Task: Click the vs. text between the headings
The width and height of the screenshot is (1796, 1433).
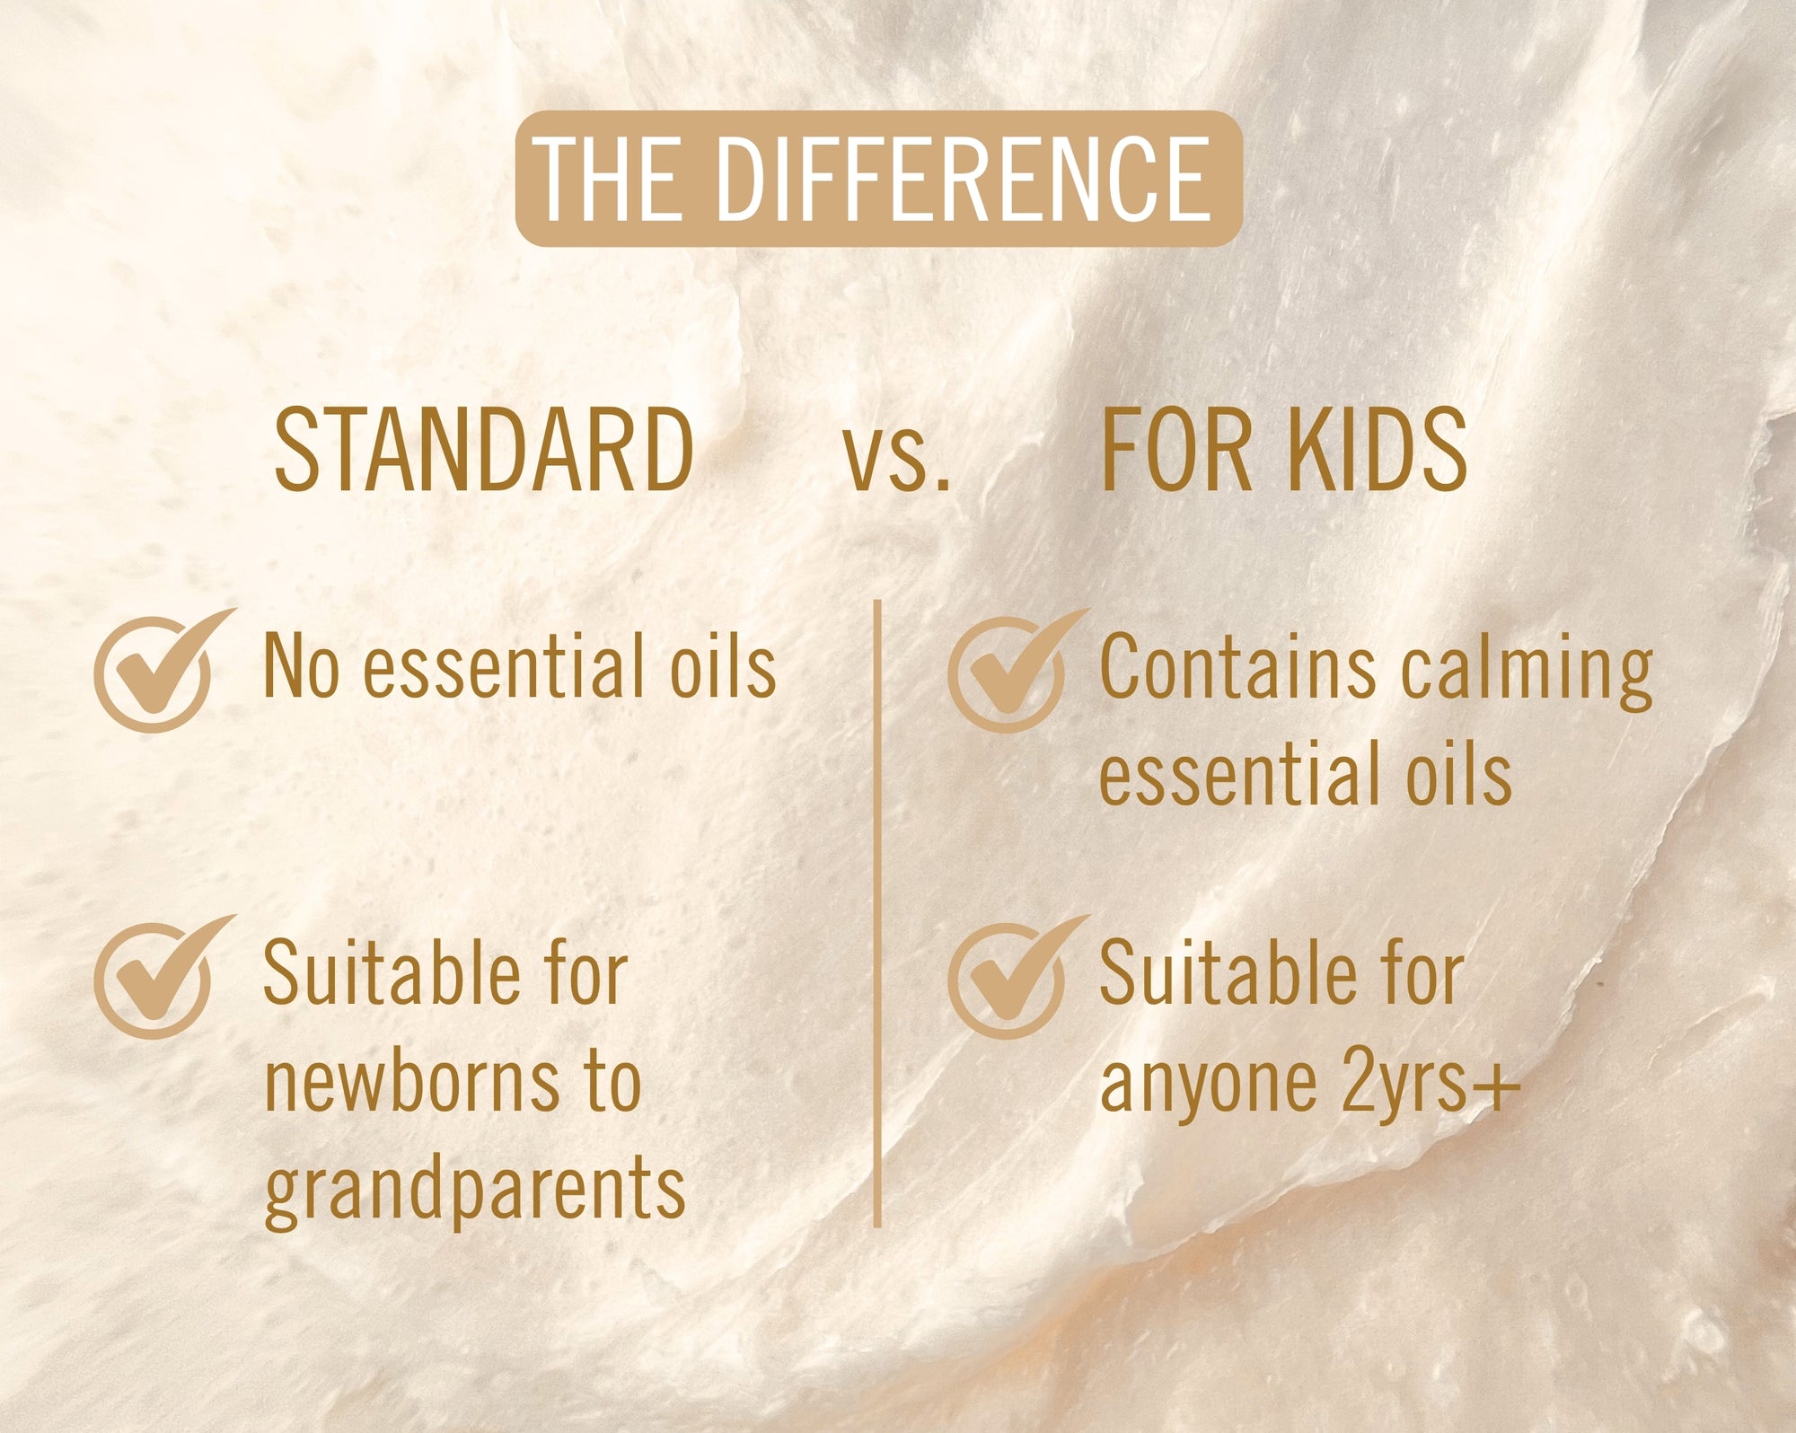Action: tap(896, 461)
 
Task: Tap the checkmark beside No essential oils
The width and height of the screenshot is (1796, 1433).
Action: tap(162, 670)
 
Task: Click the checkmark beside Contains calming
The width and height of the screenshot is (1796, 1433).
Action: tap(1016, 670)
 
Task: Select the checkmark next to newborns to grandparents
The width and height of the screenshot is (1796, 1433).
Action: tap(162, 977)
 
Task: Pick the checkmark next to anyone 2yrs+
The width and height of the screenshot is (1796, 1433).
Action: tap(1016, 977)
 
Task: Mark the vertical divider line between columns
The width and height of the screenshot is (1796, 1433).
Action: tap(877, 913)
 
